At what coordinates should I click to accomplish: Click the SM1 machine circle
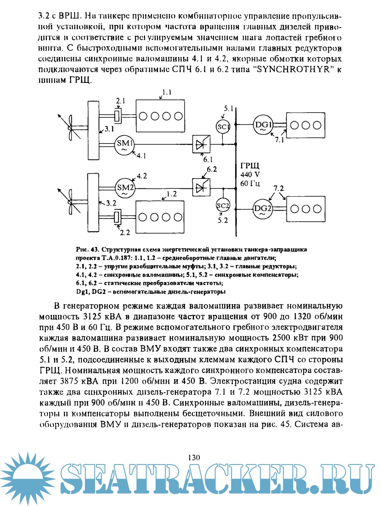coord(124,144)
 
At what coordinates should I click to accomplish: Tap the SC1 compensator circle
coord(223,127)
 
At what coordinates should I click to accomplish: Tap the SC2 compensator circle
coord(223,205)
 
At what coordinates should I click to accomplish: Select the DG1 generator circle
coord(262,125)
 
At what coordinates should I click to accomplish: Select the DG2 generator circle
coord(262,209)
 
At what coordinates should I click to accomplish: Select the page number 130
coord(194,457)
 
